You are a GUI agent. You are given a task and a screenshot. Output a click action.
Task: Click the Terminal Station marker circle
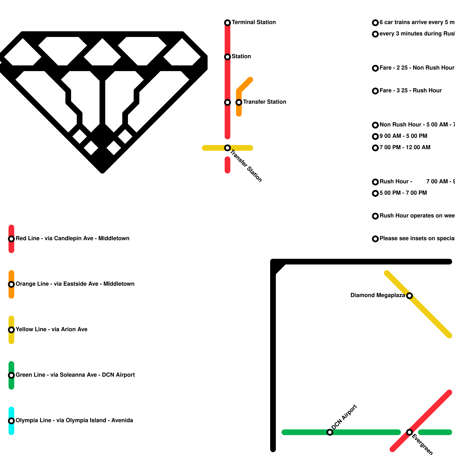click(227, 23)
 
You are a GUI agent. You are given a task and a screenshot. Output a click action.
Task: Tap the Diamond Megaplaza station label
click(377, 295)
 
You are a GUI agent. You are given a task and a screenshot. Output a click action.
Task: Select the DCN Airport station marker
click(330, 432)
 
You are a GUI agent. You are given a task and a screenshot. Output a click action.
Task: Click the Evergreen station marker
click(409, 432)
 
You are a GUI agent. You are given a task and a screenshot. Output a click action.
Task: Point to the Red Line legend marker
click(11, 239)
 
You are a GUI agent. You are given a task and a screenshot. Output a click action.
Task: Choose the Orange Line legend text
click(75, 284)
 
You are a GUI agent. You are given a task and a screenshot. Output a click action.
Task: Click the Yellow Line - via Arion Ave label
click(51, 330)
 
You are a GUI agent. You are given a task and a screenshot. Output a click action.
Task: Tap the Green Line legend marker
click(11, 375)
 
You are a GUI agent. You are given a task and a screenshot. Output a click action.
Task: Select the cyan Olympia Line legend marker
click(11, 421)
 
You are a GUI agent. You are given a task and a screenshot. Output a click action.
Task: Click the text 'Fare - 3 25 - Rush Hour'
click(411, 91)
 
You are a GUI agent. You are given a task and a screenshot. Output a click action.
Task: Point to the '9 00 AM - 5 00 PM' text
click(403, 136)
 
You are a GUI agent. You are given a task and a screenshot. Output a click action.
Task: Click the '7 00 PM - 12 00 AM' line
click(405, 148)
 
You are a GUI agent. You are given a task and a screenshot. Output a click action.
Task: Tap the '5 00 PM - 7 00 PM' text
click(403, 193)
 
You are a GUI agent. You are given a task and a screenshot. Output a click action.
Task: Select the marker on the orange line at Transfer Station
click(239, 102)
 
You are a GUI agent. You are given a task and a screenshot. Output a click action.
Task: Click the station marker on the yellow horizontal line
click(227, 148)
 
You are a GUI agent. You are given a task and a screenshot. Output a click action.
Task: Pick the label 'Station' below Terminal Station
click(241, 57)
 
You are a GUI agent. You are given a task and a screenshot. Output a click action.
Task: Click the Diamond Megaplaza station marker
click(409, 296)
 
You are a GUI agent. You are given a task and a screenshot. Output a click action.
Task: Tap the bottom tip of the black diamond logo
click(102, 171)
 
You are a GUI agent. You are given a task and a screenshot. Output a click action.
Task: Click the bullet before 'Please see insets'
click(375, 239)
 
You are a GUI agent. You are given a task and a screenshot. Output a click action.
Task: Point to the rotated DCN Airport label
click(344, 417)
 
